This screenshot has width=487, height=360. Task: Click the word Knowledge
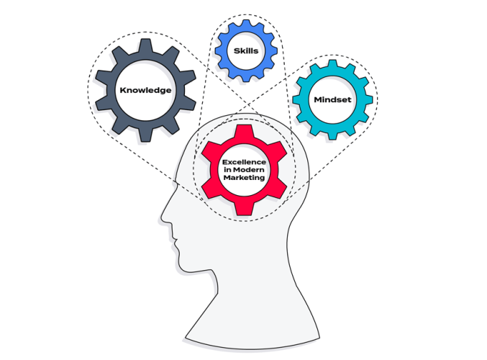(145, 91)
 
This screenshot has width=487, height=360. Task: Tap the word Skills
(246, 50)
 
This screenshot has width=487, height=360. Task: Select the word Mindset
(332, 100)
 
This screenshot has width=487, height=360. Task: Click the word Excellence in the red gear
(244, 162)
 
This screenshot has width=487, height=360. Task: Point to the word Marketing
(244, 178)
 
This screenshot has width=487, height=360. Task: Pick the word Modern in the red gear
(248, 170)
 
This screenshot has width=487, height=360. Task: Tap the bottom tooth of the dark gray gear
(145, 135)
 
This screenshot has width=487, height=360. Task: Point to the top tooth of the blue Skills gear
(246, 24)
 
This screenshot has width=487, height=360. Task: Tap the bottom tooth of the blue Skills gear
(246, 77)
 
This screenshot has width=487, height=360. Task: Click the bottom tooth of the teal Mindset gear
(332, 135)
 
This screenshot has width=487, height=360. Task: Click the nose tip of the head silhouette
(162, 217)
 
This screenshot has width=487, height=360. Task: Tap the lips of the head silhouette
(176, 241)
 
